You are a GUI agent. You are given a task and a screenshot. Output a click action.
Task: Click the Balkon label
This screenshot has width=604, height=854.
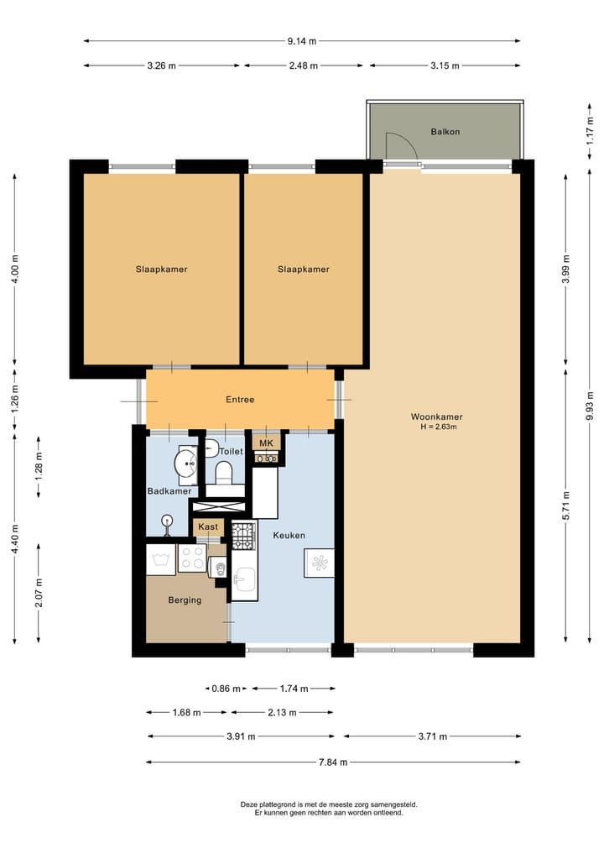pyautogui.click(x=445, y=132)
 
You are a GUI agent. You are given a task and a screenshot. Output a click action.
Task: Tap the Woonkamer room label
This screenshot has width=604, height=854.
pyautogui.click(x=436, y=417)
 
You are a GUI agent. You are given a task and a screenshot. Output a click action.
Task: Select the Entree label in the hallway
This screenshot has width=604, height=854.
pyautogui.click(x=240, y=399)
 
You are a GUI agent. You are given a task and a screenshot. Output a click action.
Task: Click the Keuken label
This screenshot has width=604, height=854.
pyautogui.click(x=289, y=536)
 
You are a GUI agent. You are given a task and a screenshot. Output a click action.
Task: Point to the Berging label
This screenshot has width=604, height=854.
pyautogui.click(x=185, y=600)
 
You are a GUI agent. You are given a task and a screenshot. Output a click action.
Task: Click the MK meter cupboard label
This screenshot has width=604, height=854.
pyautogui.click(x=266, y=443)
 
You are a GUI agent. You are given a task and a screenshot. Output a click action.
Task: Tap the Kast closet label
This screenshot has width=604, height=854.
pyautogui.click(x=208, y=527)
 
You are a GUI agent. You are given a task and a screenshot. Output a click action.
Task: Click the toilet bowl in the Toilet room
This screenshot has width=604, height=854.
pyautogui.click(x=224, y=472)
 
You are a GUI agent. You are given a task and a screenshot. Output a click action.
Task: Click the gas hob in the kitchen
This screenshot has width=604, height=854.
pyautogui.click(x=244, y=536)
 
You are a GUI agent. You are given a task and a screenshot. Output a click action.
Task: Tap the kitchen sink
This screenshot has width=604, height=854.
pyautogui.click(x=244, y=579)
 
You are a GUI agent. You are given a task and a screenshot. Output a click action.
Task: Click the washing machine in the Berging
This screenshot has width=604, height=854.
pyautogui.click(x=160, y=559)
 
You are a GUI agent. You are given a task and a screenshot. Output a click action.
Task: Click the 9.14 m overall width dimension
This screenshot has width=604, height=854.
pyautogui.click(x=302, y=41)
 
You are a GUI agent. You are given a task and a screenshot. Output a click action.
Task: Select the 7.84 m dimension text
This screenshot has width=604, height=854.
pyautogui.click(x=333, y=762)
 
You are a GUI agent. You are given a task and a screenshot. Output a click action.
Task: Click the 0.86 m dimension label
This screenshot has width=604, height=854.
pyautogui.click(x=226, y=689)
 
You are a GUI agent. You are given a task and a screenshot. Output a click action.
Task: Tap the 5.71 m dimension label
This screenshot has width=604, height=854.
pyautogui.click(x=566, y=506)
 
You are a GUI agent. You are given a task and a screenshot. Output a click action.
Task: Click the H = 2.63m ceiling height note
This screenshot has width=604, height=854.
pyautogui.click(x=439, y=427)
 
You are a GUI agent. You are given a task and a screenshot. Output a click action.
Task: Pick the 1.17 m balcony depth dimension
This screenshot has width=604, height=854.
pyautogui.click(x=590, y=131)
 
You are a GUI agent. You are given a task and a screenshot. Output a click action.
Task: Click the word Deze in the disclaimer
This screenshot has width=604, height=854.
pyautogui.click(x=248, y=804)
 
